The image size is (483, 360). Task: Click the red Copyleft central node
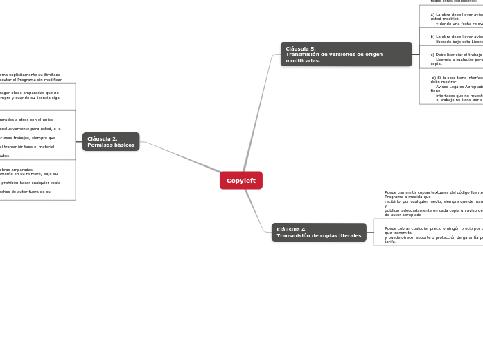tap(240, 180)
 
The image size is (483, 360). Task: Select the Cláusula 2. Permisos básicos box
tap(111, 141)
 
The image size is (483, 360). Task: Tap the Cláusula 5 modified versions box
tap(346, 54)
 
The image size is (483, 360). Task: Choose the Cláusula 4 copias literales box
tap(319, 233)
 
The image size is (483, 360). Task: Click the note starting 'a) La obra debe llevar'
tap(456, 18)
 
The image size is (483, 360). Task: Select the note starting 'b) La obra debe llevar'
tap(456, 39)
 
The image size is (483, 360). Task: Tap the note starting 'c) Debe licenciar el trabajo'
tap(456, 58)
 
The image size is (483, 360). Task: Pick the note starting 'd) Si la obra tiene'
tap(456, 89)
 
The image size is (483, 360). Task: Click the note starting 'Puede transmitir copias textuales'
tap(433, 203)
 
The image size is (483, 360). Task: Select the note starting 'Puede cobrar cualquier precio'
tap(433, 235)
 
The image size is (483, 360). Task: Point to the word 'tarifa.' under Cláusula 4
tap(391, 242)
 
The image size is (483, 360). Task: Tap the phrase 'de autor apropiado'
tap(403, 215)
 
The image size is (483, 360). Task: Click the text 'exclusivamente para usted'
tap(28, 129)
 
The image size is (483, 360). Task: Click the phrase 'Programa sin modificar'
tap(41, 80)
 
